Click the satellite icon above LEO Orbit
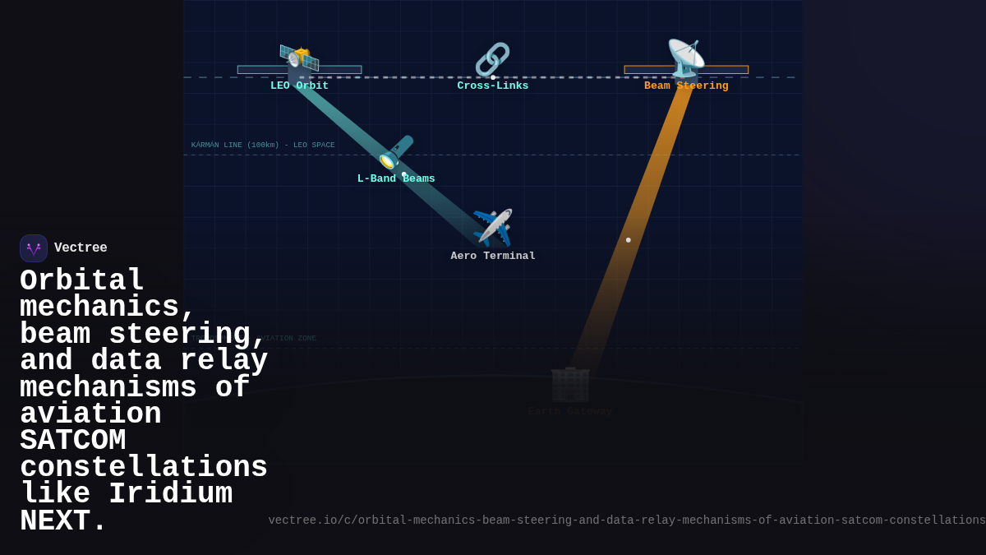[x=299, y=58]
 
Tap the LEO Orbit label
[x=299, y=86]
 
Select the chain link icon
[x=492, y=59]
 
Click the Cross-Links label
[x=492, y=86]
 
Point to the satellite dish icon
[x=685, y=58]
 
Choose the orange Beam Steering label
[x=686, y=86]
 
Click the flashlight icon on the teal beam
[x=395, y=152]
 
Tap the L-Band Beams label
[x=396, y=179]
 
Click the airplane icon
[x=493, y=228]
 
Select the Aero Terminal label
[x=493, y=256]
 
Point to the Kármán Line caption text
[x=263, y=146]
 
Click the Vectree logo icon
[x=34, y=248]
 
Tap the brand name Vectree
[x=81, y=248]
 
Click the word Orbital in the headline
[x=82, y=280]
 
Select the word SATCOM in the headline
[x=73, y=440]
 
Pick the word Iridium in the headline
[x=170, y=494]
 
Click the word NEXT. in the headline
[x=63, y=521]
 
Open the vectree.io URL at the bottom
[x=626, y=520]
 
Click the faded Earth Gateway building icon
[x=570, y=384]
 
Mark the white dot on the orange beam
[x=629, y=240]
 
